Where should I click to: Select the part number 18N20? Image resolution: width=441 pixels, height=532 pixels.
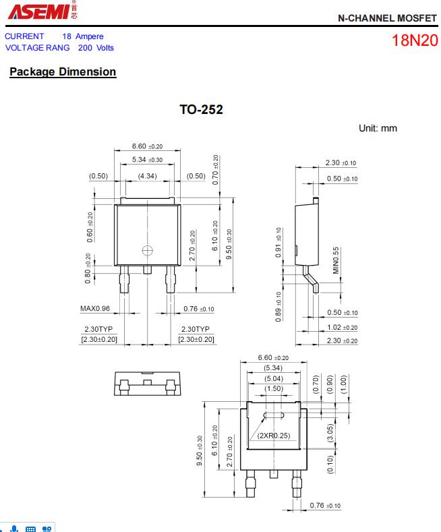click(x=415, y=40)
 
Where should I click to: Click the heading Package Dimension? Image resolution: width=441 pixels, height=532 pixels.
click(x=63, y=71)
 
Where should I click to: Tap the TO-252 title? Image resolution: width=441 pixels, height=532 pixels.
click(x=201, y=109)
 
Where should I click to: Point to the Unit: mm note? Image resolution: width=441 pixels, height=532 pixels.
click(x=378, y=128)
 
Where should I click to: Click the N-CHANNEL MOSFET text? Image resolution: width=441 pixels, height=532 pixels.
click(x=387, y=18)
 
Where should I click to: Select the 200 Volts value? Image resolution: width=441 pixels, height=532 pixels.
click(x=96, y=48)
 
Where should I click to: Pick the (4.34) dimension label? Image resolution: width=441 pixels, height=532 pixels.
click(x=147, y=176)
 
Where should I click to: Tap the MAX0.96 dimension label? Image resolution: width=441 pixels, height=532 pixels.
click(x=95, y=309)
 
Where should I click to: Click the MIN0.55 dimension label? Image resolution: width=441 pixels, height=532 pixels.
click(x=336, y=260)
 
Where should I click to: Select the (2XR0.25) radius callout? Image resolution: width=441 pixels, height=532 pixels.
click(x=273, y=436)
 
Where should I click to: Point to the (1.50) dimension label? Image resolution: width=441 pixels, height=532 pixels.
click(x=274, y=388)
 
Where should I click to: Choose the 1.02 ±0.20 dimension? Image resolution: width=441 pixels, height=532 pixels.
click(x=342, y=328)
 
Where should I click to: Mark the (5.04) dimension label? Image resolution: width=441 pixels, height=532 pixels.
click(x=274, y=378)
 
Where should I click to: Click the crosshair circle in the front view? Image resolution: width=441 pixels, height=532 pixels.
click(x=148, y=251)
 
